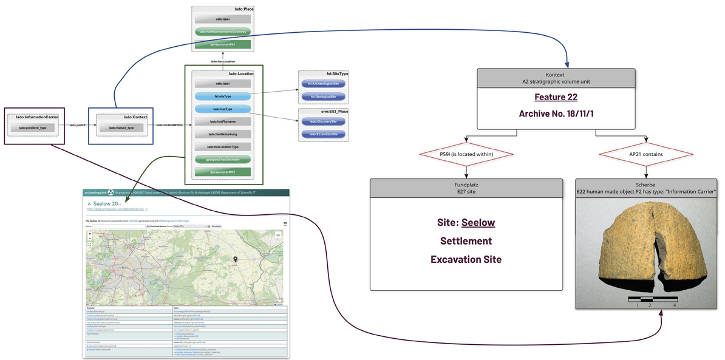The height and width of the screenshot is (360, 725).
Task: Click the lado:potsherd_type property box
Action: coord(33,128)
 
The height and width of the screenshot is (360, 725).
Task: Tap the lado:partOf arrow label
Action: coord(77,125)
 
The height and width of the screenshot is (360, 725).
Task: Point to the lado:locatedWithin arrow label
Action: coord(169,125)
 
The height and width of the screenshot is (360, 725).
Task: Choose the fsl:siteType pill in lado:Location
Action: coord(223,96)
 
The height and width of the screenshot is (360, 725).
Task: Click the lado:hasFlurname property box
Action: coord(223,121)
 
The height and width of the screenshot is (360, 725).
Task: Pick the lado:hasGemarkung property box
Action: coord(223,134)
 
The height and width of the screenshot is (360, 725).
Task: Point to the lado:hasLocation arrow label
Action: coord(222,61)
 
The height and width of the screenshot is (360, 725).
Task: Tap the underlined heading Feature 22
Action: coord(556,97)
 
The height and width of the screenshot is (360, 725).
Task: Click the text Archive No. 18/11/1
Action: coord(556,114)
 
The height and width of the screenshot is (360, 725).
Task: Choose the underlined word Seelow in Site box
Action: coord(478,222)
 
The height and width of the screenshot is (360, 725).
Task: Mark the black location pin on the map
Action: coord(235,259)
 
